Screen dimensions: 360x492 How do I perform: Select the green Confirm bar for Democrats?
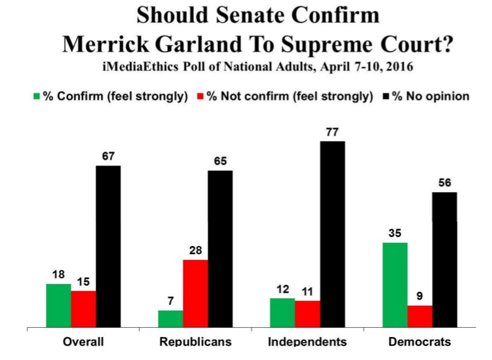click(x=395, y=284)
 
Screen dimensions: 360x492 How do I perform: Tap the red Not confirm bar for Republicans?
click(x=195, y=293)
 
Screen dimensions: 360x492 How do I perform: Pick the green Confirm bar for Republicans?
click(x=171, y=318)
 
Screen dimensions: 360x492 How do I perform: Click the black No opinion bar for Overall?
click(x=108, y=246)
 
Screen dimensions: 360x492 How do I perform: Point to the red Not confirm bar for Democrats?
click(x=419, y=316)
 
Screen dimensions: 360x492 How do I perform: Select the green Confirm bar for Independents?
click(x=283, y=312)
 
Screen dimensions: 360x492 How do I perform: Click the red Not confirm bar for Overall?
click(x=83, y=309)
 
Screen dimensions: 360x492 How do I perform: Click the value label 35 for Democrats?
click(x=395, y=233)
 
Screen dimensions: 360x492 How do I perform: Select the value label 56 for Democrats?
click(x=444, y=183)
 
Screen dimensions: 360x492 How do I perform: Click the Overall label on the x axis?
click(x=83, y=342)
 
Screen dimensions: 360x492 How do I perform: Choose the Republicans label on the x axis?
click(x=195, y=342)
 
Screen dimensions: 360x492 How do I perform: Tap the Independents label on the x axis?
click(x=307, y=342)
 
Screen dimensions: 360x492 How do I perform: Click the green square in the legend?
click(x=37, y=97)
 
